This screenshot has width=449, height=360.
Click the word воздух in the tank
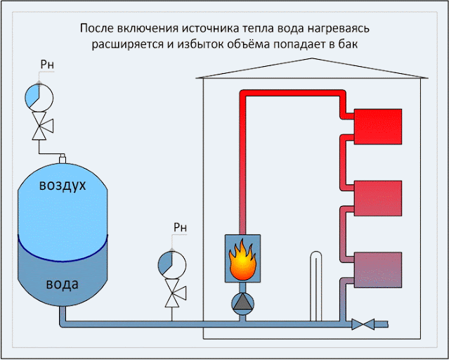coord(63,185)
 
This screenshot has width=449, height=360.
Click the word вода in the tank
coord(62,284)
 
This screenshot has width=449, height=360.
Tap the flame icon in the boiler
coord(242,259)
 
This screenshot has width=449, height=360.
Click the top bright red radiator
coord(378,127)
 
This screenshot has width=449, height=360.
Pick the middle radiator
coord(378,198)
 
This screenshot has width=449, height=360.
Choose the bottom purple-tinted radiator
coord(378,270)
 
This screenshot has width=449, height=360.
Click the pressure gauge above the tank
coord(39,97)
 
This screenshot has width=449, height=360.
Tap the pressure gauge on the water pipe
coord(172,265)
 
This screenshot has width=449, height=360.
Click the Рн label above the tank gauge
coord(47,65)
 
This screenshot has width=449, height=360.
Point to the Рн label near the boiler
coord(180,227)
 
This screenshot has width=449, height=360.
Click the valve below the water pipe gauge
coord(174,292)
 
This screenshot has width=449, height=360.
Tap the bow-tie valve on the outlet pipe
coord(363,324)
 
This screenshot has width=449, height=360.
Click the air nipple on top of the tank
coord(63,158)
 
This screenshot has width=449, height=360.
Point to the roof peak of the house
coord(312,58)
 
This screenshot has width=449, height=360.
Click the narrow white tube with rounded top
coord(315,286)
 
